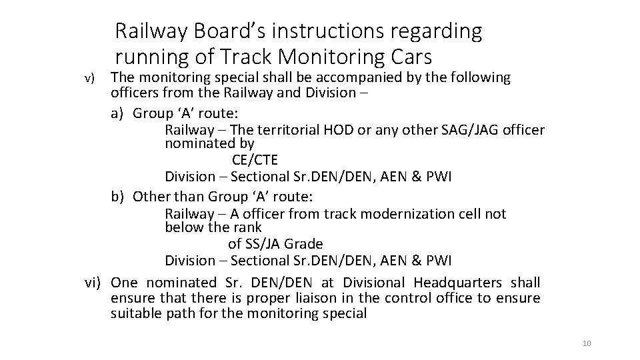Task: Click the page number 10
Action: (587, 343)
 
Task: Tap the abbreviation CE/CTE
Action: (255, 161)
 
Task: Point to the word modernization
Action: (399, 214)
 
